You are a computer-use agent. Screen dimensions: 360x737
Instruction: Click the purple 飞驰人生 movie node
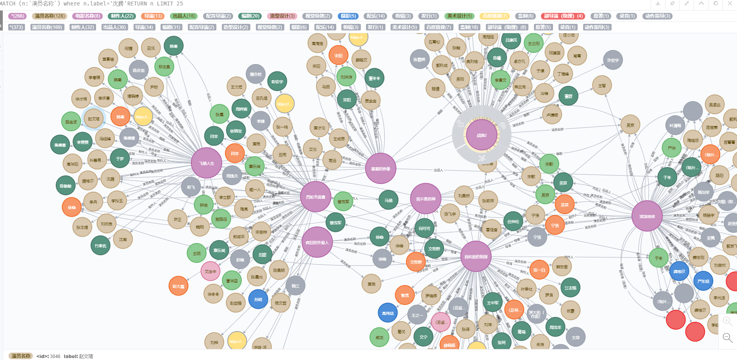206,163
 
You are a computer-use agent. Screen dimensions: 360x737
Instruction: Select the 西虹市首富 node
316,197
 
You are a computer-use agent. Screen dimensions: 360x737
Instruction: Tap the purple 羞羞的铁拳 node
380,168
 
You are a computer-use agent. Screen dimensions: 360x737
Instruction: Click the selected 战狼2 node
482,135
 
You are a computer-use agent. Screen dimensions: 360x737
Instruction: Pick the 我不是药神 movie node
425,199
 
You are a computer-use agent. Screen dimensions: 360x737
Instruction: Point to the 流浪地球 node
647,216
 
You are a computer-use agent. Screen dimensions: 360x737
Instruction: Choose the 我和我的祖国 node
475,257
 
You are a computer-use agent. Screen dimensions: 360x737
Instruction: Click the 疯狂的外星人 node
317,242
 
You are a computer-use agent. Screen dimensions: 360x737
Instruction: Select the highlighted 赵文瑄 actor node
94,118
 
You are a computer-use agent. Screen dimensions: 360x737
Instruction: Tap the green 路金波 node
71,122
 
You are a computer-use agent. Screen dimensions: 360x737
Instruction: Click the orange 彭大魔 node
178,286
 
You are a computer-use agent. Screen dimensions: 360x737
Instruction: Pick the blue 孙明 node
258,299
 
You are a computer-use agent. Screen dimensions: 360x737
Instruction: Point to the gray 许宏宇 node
612,60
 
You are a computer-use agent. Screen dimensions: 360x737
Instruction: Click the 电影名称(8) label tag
88,16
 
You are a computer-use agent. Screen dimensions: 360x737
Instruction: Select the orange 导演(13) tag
153,16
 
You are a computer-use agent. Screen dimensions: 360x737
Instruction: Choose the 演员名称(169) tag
47,27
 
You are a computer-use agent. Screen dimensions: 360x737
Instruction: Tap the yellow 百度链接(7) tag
494,16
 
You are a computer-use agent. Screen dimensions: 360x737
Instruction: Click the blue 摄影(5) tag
348,16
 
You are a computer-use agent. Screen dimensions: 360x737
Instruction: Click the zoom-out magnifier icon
727,337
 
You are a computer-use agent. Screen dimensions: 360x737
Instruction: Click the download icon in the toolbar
658,4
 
